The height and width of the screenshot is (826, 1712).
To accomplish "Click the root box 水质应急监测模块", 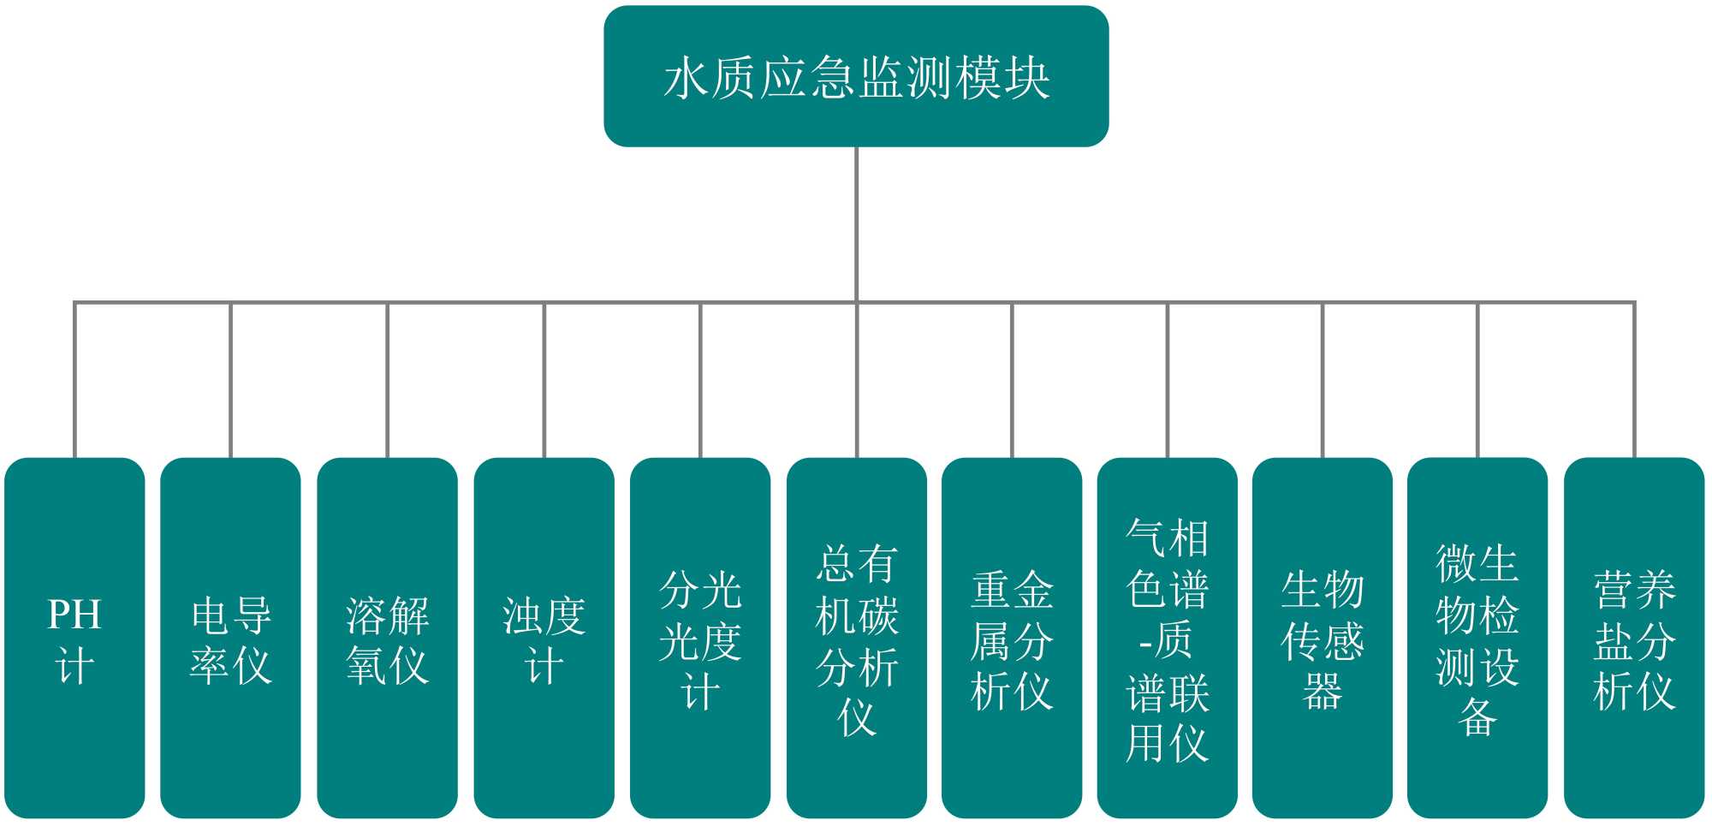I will pyautogui.click(x=856, y=76).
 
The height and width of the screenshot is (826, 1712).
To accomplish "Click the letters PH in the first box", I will pyautogui.click(x=74, y=615).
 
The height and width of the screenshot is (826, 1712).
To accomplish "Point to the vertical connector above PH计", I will pyautogui.click(x=74, y=381).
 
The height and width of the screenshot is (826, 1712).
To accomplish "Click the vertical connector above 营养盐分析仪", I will pyautogui.click(x=1634, y=381).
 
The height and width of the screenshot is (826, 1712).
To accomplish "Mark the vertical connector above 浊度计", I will pyautogui.click(x=544, y=381).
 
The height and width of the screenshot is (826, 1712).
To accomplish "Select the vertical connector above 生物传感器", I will pyautogui.click(x=1323, y=381).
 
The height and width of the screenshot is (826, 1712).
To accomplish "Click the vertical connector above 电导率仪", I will pyautogui.click(x=230, y=381).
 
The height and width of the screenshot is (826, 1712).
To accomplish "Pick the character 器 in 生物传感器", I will pyautogui.click(x=1323, y=692).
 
